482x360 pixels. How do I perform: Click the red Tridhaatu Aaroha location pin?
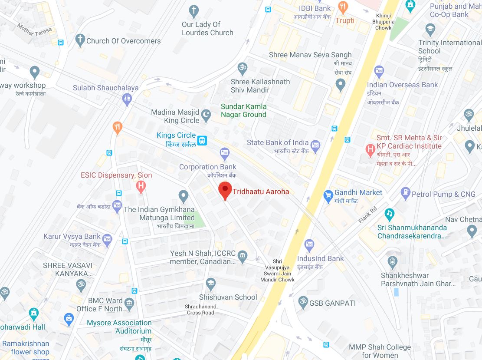tap(225, 190)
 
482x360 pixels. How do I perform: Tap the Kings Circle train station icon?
tap(202, 140)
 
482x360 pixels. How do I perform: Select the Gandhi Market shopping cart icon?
tap(328, 196)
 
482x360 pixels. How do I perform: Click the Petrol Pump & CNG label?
tap(443, 194)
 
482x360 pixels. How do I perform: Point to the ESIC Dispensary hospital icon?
tap(141, 187)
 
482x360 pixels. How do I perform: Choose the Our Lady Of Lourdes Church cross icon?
tap(194, 10)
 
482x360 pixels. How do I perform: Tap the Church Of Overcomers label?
tap(123, 41)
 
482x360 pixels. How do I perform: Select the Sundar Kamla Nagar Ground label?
tap(243, 110)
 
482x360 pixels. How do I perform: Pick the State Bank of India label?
tap(278, 142)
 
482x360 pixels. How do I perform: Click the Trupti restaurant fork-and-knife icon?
tap(343, 7)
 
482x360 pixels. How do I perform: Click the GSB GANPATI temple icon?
tap(303, 303)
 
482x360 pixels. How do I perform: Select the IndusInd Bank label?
tap(320, 258)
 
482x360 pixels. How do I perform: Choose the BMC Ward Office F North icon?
tap(129, 303)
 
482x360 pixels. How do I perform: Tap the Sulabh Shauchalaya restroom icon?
tap(127, 99)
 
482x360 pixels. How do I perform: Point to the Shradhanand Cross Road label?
tap(200, 309)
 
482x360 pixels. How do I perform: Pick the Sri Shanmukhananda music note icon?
tap(390, 214)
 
